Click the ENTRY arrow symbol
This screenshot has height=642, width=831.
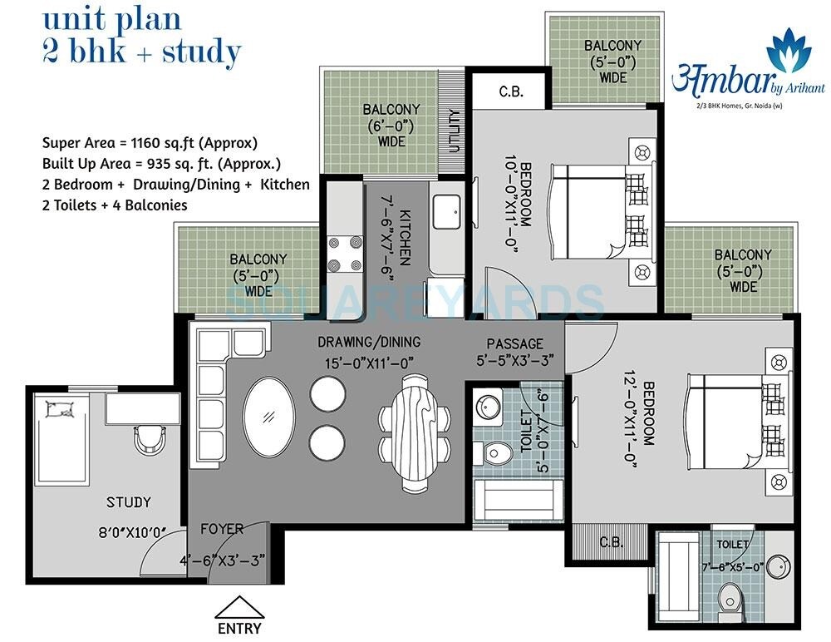pos(238,608)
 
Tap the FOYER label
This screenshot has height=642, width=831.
pos(222,529)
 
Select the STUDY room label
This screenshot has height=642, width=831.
pos(129,502)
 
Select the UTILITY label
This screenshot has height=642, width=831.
pos(454,131)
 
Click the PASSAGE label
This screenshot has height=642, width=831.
pos(515,343)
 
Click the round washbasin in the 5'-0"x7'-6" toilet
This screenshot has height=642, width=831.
pos(486,407)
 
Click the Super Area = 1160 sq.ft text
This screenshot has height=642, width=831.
pos(150,141)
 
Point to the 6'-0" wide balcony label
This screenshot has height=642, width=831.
pos(391,126)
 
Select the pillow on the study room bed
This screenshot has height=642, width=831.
pos(61,408)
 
